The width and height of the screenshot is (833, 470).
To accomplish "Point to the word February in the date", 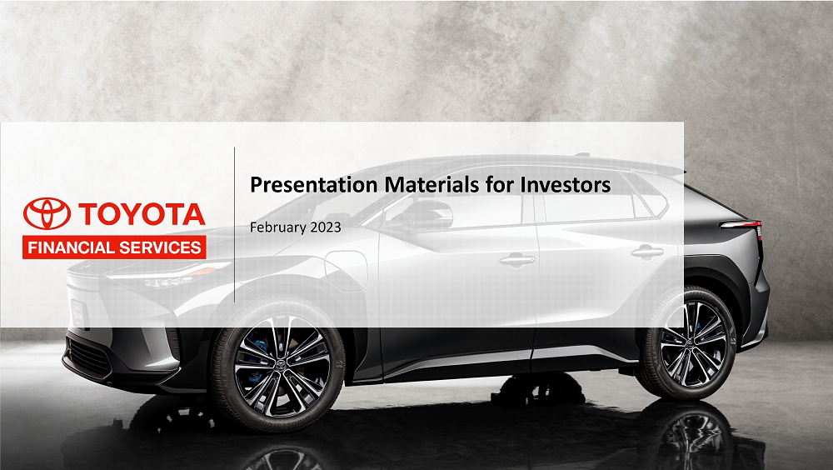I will (279, 227).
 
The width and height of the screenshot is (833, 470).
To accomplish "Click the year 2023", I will (326, 227).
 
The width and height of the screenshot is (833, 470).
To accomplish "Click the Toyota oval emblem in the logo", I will (47, 214).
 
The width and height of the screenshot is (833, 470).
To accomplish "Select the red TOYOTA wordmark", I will (141, 214).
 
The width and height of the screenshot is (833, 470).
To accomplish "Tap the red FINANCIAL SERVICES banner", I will (114, 247).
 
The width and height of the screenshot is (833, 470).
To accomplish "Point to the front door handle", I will (516, 260).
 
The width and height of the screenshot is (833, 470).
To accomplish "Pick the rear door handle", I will (646, 252).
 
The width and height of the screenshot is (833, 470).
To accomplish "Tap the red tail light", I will (744, 225).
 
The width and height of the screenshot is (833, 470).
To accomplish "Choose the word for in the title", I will (494, 185).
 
